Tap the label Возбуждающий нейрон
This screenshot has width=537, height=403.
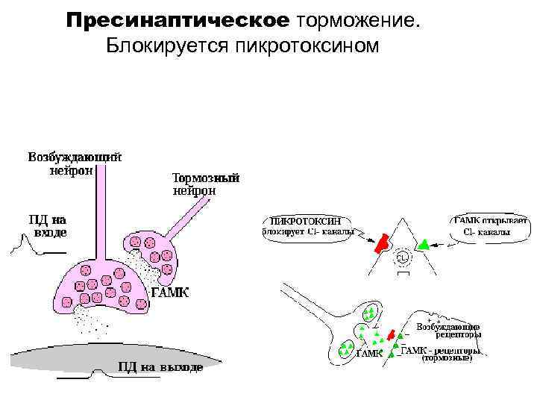pyautogui.click(x=75, y=163)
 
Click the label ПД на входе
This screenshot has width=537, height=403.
pyautogui.click(x=47, y=226)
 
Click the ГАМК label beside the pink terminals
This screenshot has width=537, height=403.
pyautogui.click(x=170, y=293)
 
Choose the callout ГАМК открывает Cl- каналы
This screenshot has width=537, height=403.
pyautogui.click(x=490, y=226)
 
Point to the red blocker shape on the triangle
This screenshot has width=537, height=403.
pyautogui.click(x=382, y=243)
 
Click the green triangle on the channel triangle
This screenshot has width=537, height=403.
pyautogui.click(x=424, y=243)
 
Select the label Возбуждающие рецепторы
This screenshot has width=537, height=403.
pyautogui.click(x=447, y=331)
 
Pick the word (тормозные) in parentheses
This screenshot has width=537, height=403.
pyautogui.click(x=447, y=358)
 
